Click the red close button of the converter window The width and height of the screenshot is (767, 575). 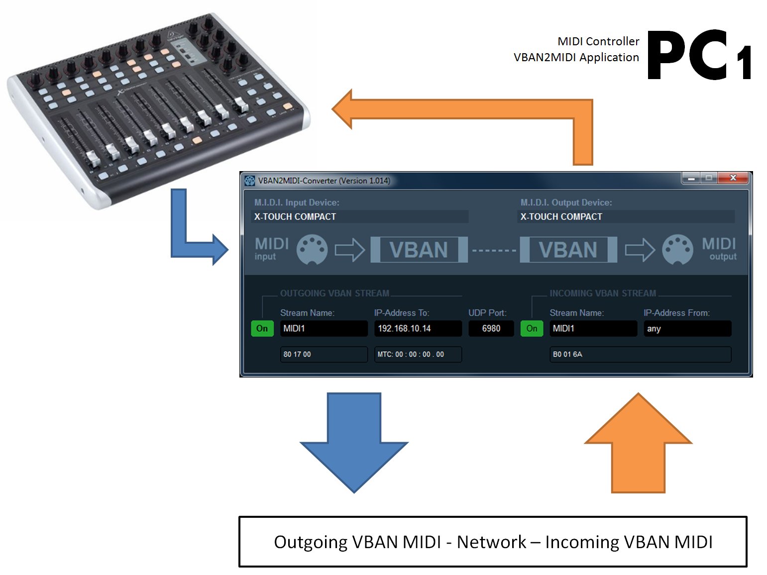point(733,178)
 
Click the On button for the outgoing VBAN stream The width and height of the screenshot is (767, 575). point(262,328)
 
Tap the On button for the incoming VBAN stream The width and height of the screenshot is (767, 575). point(532,328)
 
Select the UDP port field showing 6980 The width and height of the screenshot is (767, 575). point(491,328)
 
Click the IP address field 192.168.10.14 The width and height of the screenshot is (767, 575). point(418,328)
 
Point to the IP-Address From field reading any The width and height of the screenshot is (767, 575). point(687,328)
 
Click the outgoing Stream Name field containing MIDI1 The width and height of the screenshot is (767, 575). point(324,328)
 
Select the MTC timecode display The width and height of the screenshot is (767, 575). point(418,354)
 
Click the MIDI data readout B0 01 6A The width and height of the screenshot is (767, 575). point(640,354)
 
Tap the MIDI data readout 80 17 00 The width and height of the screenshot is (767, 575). point(324,354)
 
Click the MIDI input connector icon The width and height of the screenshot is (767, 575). point(312,249)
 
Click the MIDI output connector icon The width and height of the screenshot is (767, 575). point(677,249)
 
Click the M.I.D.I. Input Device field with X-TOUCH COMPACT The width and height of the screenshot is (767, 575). point(360,216)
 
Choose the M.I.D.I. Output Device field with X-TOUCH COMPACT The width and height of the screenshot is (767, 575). point(626,216)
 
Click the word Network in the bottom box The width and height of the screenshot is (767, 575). point(491,542)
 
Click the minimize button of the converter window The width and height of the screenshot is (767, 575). point(691,178)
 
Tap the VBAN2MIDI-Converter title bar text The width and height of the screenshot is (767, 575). point(324,181)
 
